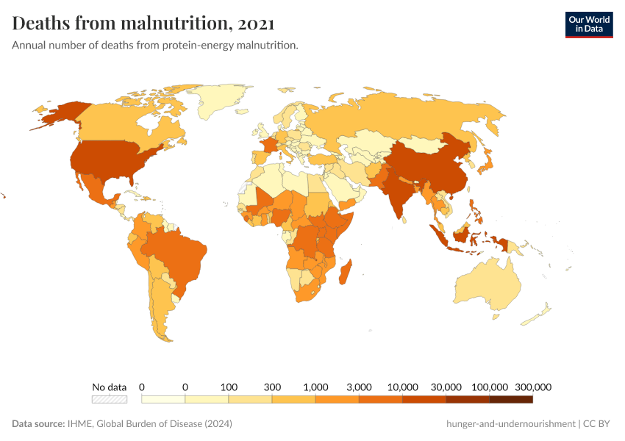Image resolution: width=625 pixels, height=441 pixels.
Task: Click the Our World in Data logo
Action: tap(588, 24)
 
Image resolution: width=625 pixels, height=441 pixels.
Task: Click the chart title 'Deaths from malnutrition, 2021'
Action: tap(143, 24)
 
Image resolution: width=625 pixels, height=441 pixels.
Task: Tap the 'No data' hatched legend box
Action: tap(109, 399)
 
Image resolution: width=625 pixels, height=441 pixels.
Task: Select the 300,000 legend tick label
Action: tap(532, 387)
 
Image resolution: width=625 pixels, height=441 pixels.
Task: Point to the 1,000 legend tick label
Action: tap(315, 387)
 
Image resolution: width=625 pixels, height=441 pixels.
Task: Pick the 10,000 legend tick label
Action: tap(402, 387)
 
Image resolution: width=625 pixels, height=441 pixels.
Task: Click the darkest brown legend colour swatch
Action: tap(511, 399)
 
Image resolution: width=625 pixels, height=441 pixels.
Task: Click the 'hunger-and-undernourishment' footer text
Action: tap(510, 424)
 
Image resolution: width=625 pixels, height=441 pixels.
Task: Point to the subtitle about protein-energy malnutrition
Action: tap(154, 46)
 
